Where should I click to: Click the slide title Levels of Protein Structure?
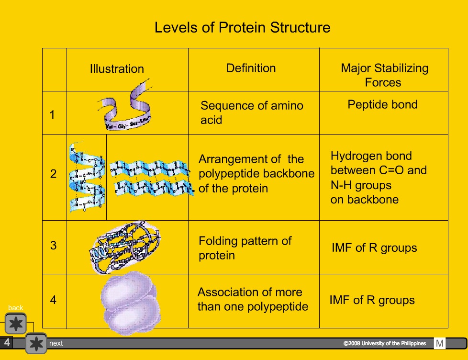tap(242, 27)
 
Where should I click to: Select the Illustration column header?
tap(117, 69)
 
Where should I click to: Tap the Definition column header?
tap(251, 68)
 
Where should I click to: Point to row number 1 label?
tap(53, 115)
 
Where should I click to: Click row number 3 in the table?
tap(53, 246)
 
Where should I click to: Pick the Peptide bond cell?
tap(382, 105)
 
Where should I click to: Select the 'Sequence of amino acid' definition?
tap(252, 112)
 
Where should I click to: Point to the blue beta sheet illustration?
tap(151, 178)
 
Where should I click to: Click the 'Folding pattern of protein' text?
tap(245, 247)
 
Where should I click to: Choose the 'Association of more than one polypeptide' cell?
tap(253, 299)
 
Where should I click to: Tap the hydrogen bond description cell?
tap(378, 178)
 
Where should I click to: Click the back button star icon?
tap(16, 324)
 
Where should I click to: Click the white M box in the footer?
tap(440, 343)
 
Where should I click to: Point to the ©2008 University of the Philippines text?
tap(384, 343)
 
